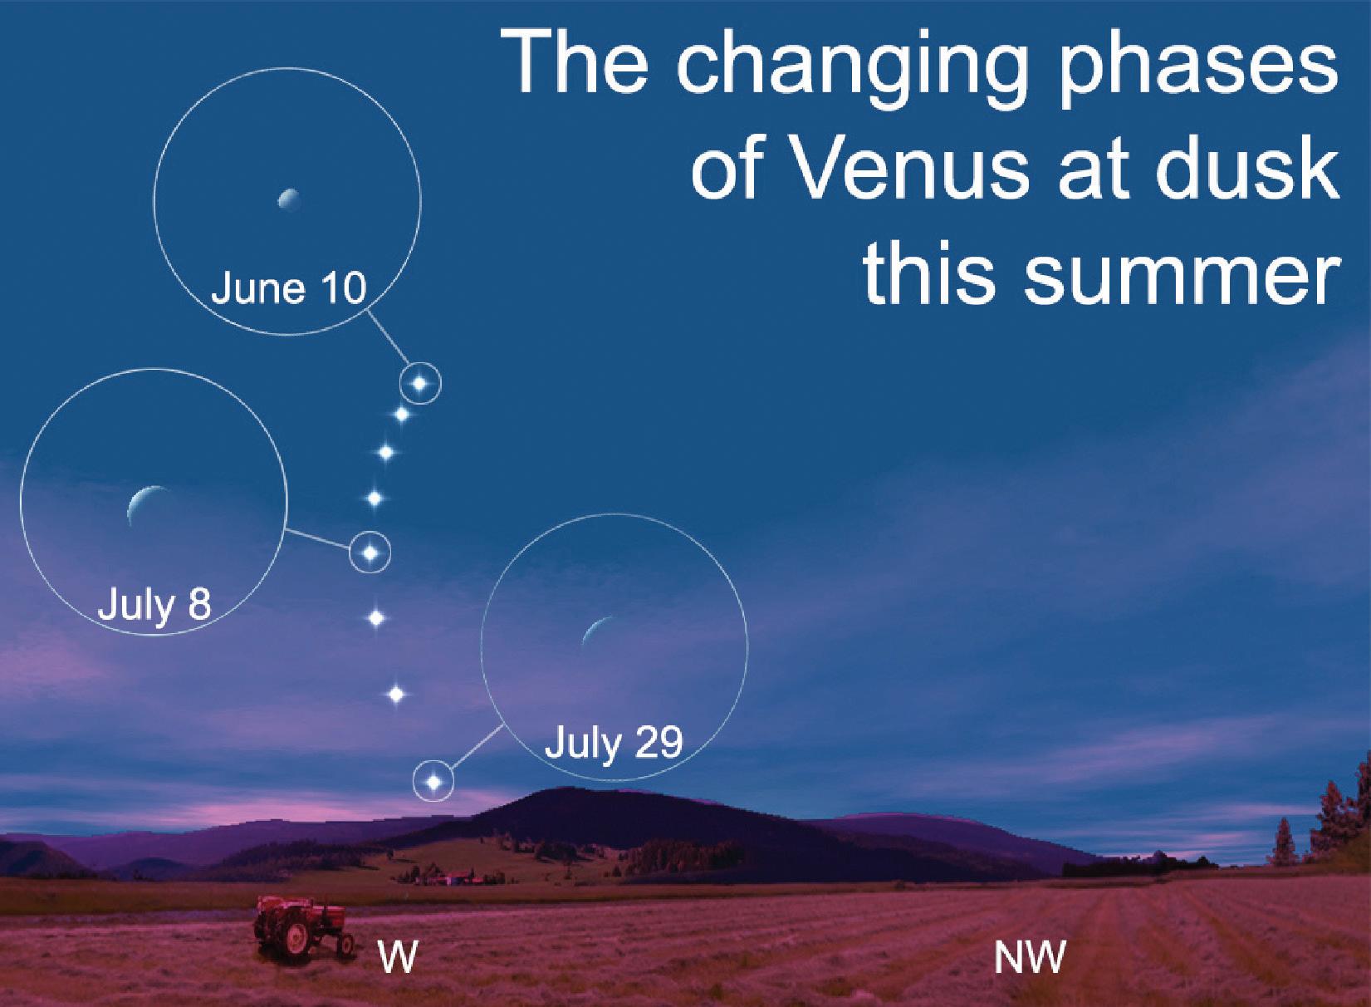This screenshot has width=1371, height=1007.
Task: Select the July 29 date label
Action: point(614,744)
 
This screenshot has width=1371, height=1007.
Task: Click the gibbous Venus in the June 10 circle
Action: point(289,199)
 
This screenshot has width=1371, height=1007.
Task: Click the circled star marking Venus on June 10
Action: point(420,384)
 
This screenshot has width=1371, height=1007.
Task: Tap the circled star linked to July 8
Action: point(370,553)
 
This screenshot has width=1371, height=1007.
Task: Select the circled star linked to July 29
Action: point(434,782)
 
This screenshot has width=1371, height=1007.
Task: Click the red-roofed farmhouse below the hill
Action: point(456,877)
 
